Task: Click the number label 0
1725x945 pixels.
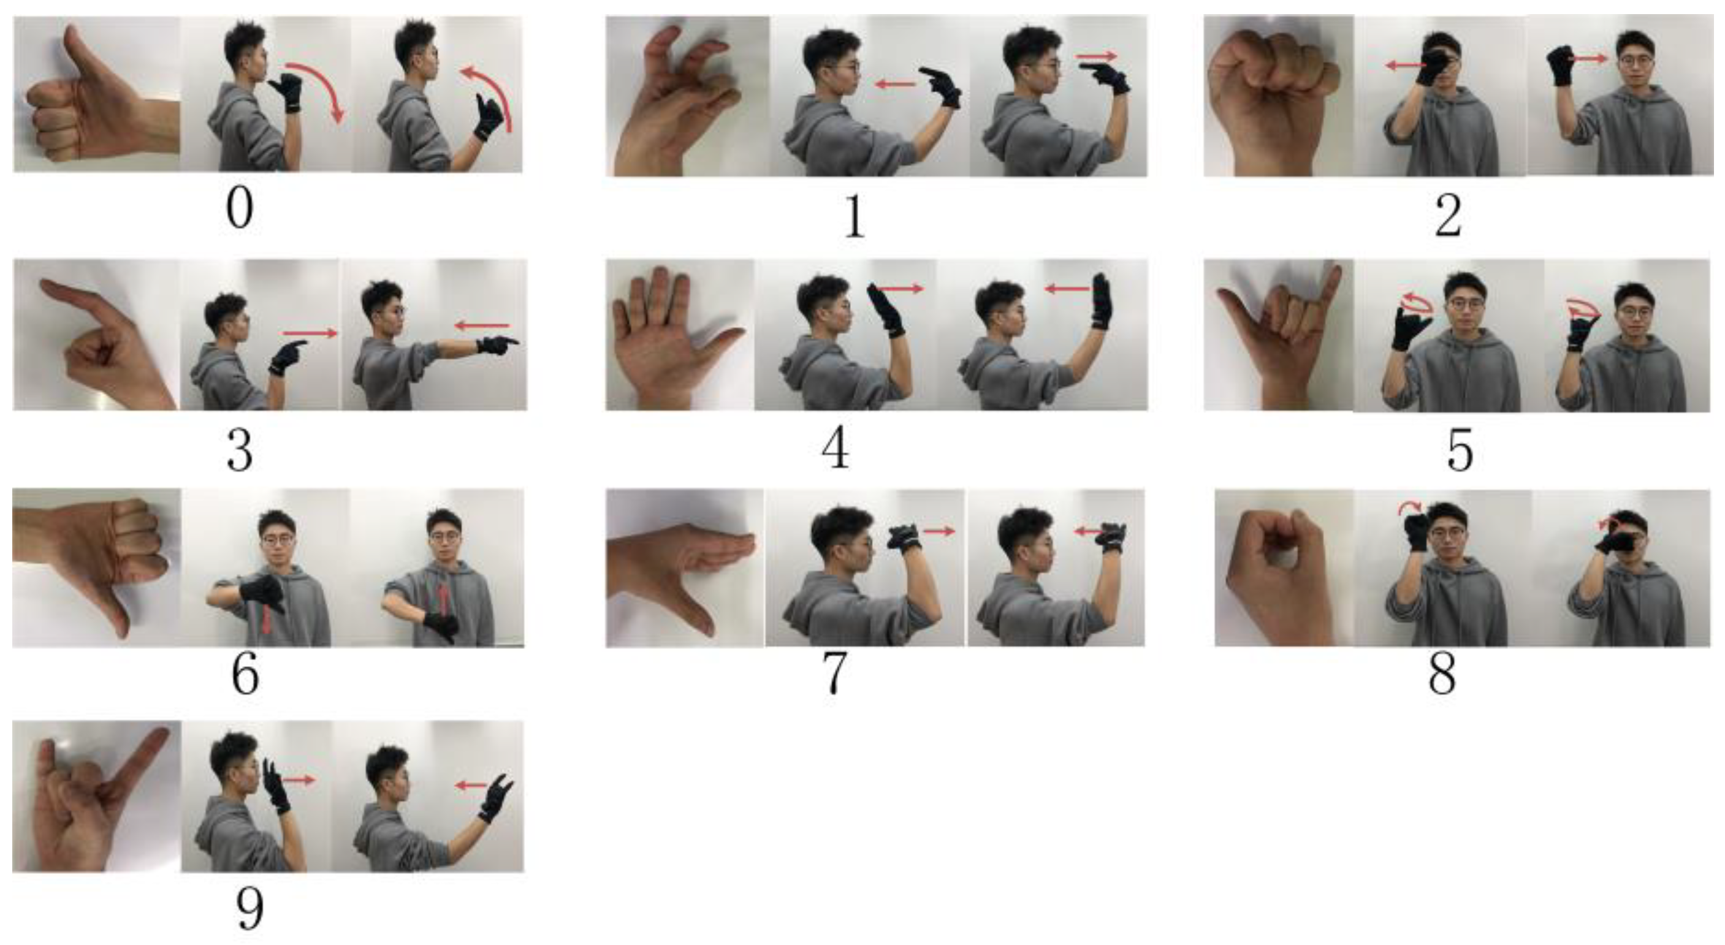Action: coord(240,210)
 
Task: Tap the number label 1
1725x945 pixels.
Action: coord(855,218)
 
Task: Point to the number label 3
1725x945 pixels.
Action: coord(240,452)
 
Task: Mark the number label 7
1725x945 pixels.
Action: coord(835,675)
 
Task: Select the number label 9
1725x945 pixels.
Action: coord(249,909)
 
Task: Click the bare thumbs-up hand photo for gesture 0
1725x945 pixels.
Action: coord(97,94)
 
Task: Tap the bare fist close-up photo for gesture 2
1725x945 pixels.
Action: coord(1279,96)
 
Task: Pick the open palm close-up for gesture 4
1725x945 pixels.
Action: coord(680,335)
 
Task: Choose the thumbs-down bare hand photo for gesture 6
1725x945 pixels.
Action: coord(96,568)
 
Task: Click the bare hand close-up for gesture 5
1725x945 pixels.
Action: coord(1279,335)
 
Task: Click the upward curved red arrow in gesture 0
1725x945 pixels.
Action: coord(494,87)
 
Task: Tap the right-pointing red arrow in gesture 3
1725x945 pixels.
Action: coord(310,333)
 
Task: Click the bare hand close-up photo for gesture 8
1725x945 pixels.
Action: coord(1284,568)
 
